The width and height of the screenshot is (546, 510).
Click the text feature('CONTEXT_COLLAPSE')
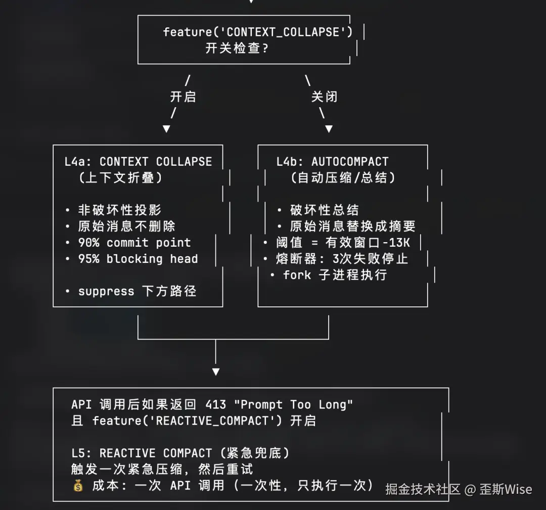(258, 32)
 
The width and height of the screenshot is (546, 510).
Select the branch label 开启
(183, 96)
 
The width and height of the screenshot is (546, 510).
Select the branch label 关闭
(324, 96)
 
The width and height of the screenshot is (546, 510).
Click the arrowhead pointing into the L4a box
(166, 129)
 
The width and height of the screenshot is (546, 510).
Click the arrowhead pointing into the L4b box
(329, 129)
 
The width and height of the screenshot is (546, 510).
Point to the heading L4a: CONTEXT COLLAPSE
(138, 162)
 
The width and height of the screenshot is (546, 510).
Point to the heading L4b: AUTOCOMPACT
(332, 162)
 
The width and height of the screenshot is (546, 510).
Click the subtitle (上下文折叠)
(121, 178)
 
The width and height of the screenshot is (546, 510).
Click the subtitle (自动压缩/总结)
(343, 178)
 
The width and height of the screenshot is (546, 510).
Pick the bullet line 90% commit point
(134, 243)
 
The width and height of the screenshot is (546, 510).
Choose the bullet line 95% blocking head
(138, 259)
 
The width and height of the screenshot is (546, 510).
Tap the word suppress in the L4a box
(106, 291)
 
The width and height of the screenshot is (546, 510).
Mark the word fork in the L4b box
(297, 275)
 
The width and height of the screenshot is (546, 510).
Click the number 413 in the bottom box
(215, 404)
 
